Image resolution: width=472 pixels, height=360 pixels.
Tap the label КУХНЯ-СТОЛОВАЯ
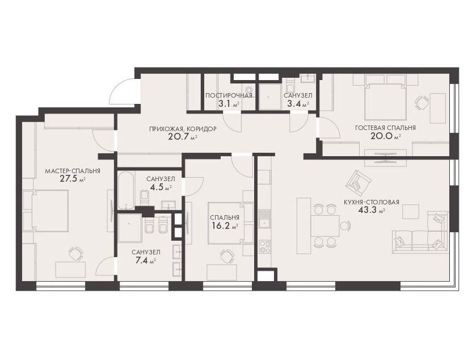[372, 203]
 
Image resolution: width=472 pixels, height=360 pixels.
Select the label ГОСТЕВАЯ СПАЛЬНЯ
[385, 128]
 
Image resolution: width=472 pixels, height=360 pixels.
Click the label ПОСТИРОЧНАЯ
[229, 96]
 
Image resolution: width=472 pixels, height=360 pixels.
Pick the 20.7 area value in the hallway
[179, 137]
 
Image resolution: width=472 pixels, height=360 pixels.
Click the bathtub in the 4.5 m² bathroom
[126, 190]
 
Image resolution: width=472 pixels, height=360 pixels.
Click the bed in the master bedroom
[50, 211]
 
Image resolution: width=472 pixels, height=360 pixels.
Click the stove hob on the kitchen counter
[265, 247]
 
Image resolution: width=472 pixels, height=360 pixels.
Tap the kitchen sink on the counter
[265, 219]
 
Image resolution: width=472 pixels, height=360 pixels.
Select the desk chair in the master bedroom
[75, 253]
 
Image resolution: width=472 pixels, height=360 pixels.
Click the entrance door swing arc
[120, 87]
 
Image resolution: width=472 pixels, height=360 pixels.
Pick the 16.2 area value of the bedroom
[221, 226]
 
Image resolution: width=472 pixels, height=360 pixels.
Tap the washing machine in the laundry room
[248, 90]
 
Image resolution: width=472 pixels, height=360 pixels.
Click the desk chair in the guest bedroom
[421, 103]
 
